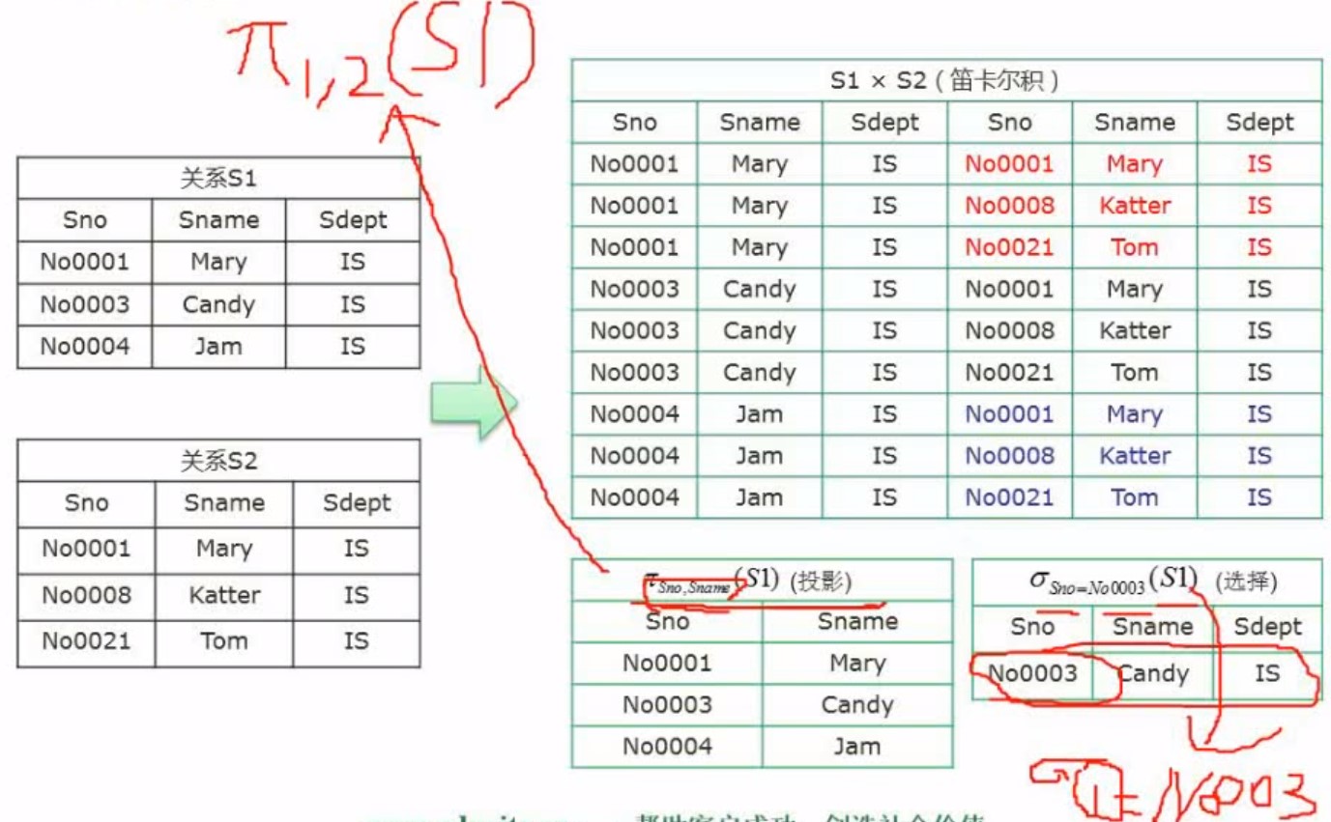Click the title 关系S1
(x=218, y=179)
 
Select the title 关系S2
(x=218, y=461)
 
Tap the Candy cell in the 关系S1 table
(x=218, y=305)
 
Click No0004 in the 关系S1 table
(x=84, y=347)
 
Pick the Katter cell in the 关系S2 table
(x=223, y=595)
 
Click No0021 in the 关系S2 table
(x=86, y=640)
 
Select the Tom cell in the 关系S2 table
(x=223, y=640)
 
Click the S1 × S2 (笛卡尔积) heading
(x=944, y=80)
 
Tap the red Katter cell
(x=1135, y=205)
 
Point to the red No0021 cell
(x=1009, y=247)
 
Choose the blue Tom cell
(x=1135, y=497)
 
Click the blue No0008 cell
(x=1009, y=456)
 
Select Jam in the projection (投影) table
(x=856, y=746)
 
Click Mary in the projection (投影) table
(x=856, y=663)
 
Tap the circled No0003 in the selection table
(x=1032, y=673)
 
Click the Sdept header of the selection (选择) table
(x=1267, y=627)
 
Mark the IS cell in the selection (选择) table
(x=1267, y=673)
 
